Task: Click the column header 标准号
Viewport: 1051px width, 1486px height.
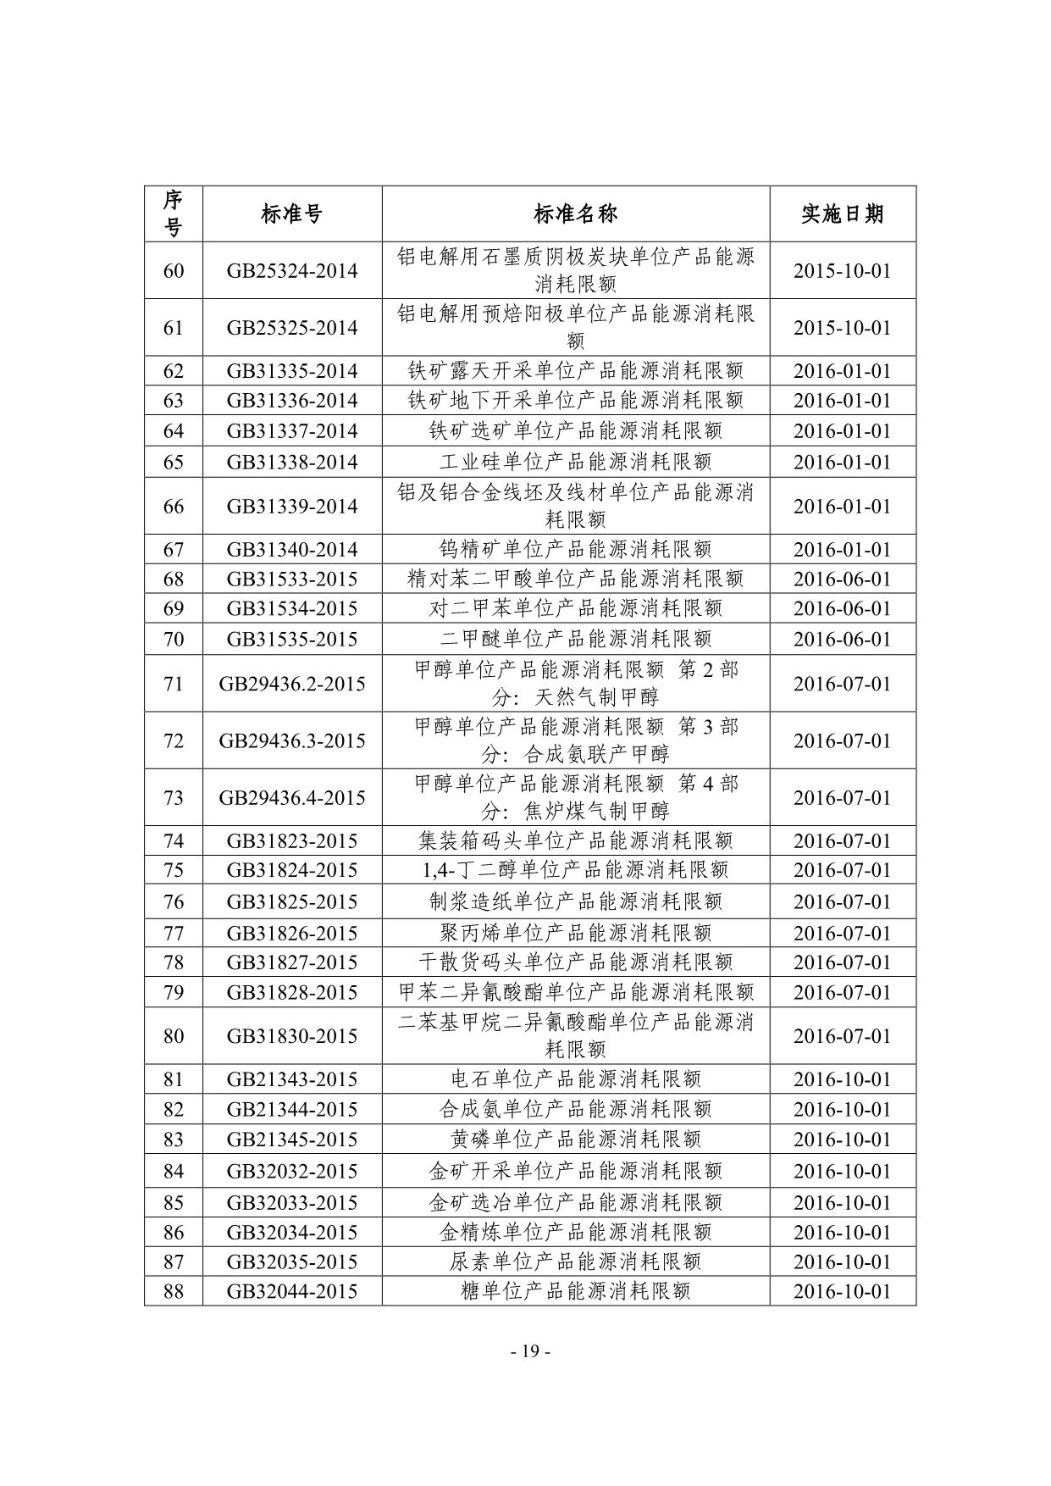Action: click(291, 214)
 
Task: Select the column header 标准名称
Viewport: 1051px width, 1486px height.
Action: click(575, 214)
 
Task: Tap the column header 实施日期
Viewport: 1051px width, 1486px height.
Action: click(842, 214)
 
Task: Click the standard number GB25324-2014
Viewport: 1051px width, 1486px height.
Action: click(291, 271)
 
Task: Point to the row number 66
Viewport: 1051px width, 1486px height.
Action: click(173, 507)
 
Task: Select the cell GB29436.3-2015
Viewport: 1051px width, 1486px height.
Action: click(291, 741)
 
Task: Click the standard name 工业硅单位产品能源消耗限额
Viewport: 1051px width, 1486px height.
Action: click(575, 462)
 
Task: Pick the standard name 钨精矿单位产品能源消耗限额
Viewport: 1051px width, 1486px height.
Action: click(575, 550)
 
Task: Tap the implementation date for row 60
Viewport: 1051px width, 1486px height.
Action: click(842, 271)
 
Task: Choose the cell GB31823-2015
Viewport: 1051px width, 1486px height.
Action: click(291, 841)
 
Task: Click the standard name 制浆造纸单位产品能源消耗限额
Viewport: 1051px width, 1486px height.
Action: click(575, 901)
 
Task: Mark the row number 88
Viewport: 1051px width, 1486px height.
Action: click(173, 1292)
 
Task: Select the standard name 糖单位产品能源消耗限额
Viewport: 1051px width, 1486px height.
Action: click(575, 1292)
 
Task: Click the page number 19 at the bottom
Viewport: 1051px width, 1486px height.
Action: click(531, 1351)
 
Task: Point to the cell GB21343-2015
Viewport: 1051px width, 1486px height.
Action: click(291, 1079)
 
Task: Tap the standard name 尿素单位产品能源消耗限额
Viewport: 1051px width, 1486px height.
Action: click(575, 1262)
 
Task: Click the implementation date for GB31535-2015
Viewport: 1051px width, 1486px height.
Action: click(842, 640)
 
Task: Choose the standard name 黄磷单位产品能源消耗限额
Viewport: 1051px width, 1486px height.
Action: click(575, 1139)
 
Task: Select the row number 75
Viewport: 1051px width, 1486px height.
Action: click(173, 871)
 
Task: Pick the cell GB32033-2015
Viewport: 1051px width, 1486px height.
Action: click(291, 1203)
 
